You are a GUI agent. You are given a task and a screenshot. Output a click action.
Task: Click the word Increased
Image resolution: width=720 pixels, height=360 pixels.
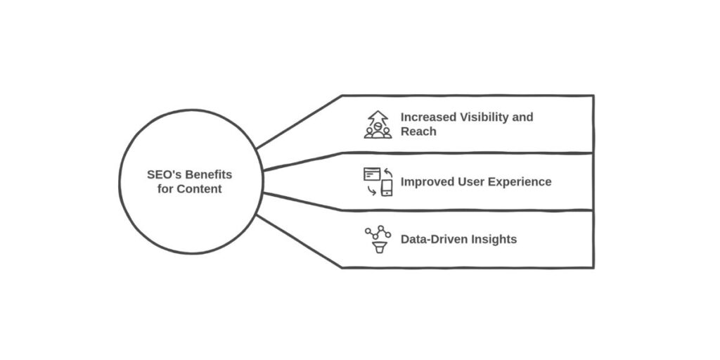click(x=429, y=117)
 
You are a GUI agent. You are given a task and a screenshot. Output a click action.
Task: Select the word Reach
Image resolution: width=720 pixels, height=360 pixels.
click(x=418, y=131)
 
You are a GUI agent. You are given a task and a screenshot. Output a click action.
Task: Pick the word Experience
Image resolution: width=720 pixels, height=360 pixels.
click(x=522, y=181)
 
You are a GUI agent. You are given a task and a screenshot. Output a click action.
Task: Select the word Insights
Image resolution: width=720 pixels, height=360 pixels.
click(x=494, y=239)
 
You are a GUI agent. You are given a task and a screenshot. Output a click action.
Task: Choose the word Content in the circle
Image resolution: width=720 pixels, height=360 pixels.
click(x=198, y=188)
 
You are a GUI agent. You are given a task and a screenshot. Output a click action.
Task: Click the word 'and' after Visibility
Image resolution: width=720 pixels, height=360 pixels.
click(x=523, y=117)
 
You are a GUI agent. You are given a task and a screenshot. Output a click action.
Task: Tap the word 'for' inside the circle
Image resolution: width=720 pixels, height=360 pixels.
click(x=165, y=188)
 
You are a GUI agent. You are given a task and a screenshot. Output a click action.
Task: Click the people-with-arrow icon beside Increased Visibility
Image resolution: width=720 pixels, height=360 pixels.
click(x=378, y=124)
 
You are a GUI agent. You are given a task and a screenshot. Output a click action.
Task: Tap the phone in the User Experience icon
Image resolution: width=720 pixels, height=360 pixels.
click(x=387, y=188)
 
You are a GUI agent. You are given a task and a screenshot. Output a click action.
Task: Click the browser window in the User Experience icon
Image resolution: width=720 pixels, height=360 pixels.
click(x=371, y=174)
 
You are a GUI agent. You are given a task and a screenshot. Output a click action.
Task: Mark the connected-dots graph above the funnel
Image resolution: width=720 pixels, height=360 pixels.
click(x=378, y=231)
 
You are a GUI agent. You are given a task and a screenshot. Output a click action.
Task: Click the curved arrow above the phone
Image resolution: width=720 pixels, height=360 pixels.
click(x=387, y=172)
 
